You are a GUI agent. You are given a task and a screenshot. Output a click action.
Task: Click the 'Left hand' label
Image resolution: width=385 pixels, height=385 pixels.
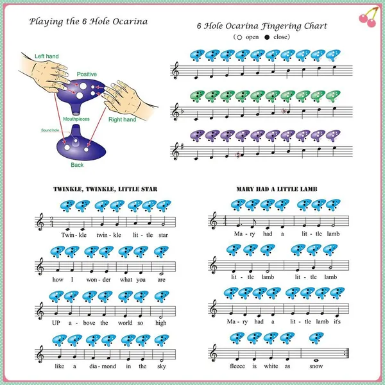click(x=47, y=56)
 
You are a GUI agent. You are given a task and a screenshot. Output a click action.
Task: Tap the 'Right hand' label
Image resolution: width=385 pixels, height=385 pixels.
click(x=123, y=119)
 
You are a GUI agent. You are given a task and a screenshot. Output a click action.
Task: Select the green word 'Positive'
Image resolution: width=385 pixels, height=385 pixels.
click(x=87, y=74)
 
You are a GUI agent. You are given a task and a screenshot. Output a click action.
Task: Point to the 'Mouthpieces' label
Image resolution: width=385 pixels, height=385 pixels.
click(x=76, y=119)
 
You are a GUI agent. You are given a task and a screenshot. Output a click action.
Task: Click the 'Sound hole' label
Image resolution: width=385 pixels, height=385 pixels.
click(x=50, y=130)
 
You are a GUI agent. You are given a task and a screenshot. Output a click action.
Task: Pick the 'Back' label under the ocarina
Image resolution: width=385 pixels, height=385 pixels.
click(x=77, y=165)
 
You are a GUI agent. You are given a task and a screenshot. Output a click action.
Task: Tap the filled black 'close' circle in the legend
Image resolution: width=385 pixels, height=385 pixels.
click(x=267, y=37)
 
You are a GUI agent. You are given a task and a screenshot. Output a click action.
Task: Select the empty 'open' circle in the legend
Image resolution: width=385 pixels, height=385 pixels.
click(x=239, y=37)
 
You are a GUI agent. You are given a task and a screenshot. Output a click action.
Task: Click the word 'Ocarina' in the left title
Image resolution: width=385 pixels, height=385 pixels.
click(x=130, y=22)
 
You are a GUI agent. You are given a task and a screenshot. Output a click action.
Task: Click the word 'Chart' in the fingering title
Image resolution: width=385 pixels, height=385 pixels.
click(x=316, y=26)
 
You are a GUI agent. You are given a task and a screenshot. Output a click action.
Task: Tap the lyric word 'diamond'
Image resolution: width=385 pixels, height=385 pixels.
click(x=103, y=366)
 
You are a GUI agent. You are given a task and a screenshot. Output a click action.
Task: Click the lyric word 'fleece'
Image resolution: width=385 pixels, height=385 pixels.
click(x=237, y=366)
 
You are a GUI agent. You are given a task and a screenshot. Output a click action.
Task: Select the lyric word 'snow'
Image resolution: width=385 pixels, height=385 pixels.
click(x=316, y=366)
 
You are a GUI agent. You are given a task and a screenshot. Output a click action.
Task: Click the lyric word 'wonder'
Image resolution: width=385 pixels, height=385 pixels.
click(x=98, y=280)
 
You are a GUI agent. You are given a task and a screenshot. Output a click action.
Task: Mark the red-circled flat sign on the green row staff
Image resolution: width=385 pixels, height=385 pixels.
click(x=284, y=111)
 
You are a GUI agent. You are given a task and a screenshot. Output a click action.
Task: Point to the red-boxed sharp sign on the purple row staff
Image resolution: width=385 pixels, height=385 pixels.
click(x=237, y=155)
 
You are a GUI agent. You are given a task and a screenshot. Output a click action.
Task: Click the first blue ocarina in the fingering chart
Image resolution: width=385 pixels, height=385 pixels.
click(x=197, y=55)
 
